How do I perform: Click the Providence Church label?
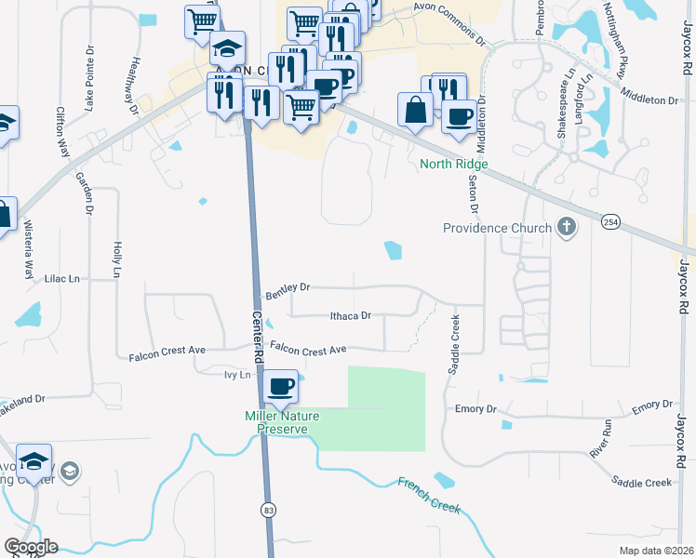pos(497,228)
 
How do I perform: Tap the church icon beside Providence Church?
pos(565,227)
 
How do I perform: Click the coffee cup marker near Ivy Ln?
pos(281,386)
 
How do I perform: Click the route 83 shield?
pos(269,510)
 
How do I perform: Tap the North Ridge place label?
pos(453,164)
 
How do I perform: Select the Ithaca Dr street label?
pos(351,316)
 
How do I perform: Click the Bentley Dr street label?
pos(288,293)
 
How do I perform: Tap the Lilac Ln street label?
pos(62,278)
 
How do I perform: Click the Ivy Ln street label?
pos(238,375)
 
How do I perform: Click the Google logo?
pos(30,547)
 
